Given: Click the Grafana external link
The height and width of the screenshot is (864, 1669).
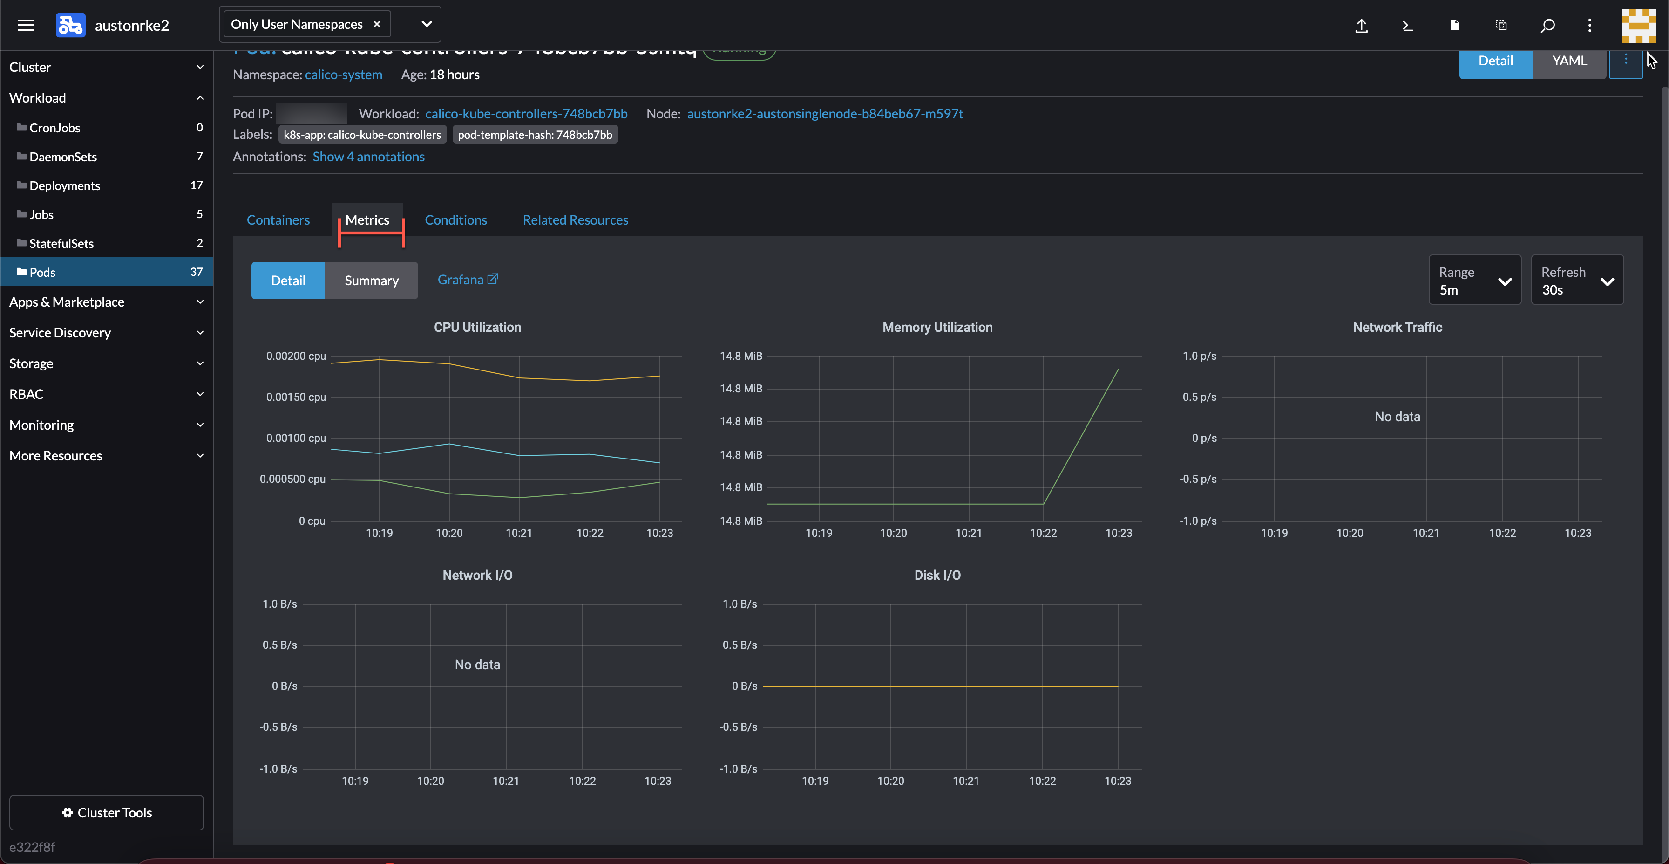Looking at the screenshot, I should point(467,279).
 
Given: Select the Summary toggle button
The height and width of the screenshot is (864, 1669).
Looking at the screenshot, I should point(371,281).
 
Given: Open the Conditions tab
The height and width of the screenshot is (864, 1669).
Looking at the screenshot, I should point(455,219).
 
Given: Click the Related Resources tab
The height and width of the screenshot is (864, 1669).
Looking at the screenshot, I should point(575,219).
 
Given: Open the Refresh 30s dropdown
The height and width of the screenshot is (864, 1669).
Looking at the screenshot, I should point(1576,280).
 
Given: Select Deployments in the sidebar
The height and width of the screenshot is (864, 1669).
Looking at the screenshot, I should point(65,185).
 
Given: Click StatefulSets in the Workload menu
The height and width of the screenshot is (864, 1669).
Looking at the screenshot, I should point(61,243).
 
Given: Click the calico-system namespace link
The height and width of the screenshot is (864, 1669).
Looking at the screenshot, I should point(343,75).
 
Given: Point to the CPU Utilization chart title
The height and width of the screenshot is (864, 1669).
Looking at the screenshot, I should point(477,327).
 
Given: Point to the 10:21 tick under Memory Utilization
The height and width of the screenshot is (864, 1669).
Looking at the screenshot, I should point(968,533).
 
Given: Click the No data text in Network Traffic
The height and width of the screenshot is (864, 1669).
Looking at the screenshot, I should point(1397,417).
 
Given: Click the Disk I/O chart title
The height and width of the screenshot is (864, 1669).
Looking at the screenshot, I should point(937,575).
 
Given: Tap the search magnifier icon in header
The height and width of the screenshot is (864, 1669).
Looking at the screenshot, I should point(1547,25).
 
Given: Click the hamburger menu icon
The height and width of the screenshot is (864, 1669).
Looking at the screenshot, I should point(26,25).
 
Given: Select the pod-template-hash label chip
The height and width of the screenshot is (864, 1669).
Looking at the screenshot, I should point(535,135).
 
